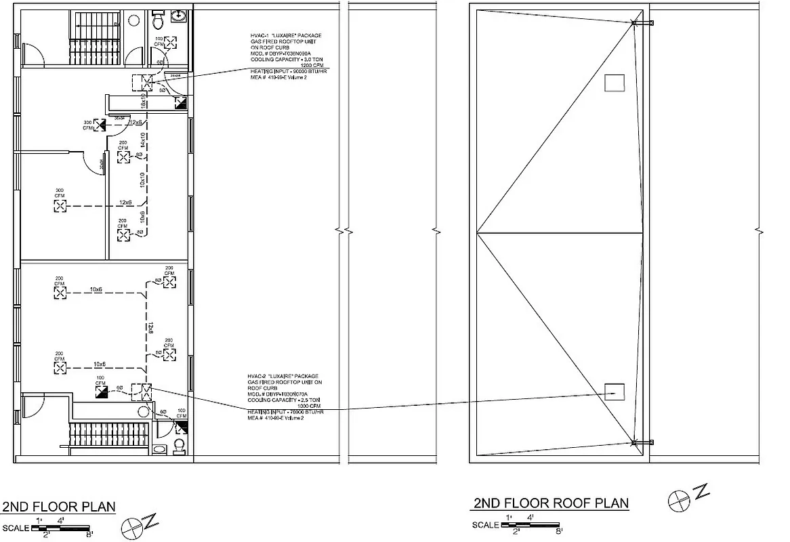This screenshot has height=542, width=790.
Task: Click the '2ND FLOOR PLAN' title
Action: (58, 507)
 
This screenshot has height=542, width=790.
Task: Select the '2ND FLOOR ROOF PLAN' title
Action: (549, 503)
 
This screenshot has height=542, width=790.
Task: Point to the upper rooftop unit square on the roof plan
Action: (614, 82)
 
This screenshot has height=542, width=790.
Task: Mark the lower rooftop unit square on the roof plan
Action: (614, 391)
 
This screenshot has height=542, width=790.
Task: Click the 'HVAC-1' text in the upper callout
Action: (260, 35)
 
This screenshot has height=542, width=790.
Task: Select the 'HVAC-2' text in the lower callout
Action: (259, 376)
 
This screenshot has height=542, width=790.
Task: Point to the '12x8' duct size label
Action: (150, 329)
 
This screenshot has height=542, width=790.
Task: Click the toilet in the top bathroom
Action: (158, 21)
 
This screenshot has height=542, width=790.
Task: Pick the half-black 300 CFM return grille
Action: (100, 125)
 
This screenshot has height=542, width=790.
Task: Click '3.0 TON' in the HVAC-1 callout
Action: (306, 60)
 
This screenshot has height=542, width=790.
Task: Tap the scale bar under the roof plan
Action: (531, 524)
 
